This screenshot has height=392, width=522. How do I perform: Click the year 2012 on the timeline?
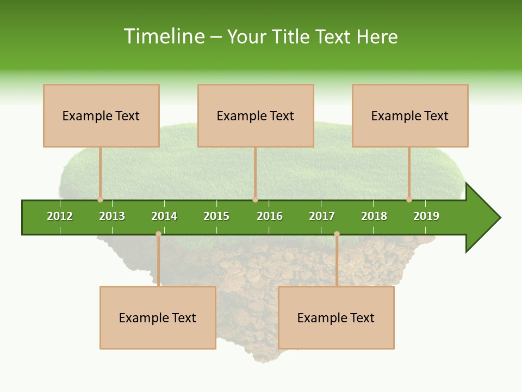(60, 216)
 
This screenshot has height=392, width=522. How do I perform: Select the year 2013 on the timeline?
(112, 216)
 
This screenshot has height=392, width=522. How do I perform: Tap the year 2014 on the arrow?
(164, 216)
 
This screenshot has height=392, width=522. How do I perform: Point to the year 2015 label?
(216, 216)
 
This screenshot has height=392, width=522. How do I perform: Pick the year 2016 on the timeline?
(270, 216)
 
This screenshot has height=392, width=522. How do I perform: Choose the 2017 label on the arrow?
(322, 216)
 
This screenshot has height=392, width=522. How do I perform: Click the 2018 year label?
(374, 216)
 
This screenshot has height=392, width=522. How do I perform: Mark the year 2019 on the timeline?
(426, 216)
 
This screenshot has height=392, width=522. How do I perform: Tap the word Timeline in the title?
(164, 36)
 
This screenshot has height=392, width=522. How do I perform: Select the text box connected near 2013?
(101, 115)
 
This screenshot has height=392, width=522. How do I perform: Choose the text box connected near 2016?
(256, 115)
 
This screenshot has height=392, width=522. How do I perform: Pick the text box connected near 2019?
(410, 115)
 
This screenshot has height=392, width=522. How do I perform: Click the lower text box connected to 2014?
(158, 317)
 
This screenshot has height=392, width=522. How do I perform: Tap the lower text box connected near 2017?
(336, 317)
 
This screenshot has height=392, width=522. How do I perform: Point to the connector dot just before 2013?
(100, 199)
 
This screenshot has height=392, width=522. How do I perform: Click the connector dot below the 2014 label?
(158, 234)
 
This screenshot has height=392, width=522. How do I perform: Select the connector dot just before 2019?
(409, 199)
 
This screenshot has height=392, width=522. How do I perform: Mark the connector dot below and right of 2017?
(337, 234)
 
